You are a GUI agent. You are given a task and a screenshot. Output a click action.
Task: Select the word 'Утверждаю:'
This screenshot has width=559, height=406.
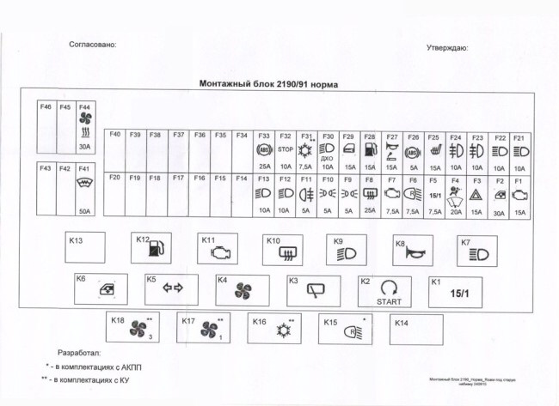(447, 48)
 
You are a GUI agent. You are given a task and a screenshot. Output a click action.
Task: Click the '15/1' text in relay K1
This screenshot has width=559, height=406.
(460, 293)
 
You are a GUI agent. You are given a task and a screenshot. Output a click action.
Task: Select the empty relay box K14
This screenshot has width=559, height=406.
(416, 329)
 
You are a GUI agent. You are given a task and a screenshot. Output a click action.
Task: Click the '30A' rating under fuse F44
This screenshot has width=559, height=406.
(84, 147)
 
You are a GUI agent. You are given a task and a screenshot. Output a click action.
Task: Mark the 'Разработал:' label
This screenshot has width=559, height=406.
(79, 353)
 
